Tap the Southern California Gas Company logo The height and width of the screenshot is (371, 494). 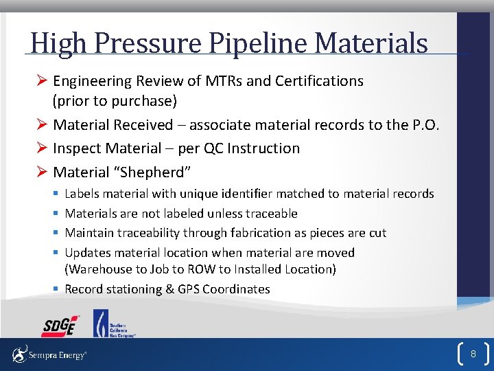pos(114,323)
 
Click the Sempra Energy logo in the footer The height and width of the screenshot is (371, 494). pos(49,355)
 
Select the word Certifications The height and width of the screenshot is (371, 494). pos(319,81)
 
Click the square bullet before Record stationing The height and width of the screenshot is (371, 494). pos(55,289)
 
